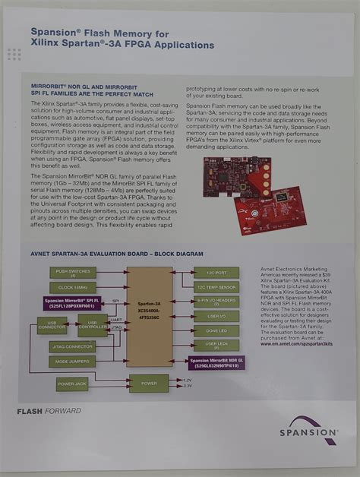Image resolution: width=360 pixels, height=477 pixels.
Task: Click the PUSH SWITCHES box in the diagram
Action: pyautogui.click(x=73, y=271)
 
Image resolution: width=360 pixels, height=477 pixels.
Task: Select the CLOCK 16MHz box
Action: pyautogui.click(x=73, y=287)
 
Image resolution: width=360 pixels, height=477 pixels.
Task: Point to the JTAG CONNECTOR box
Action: pyautogui.click(x=73, y=347)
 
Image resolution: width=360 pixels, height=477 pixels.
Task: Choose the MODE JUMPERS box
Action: pyautogui.click(x=73, y=362)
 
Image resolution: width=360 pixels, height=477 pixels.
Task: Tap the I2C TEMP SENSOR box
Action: pyautogui.click(x=216, y=286)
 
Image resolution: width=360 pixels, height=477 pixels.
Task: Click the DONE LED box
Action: pyautogui.click(x=216, y=330)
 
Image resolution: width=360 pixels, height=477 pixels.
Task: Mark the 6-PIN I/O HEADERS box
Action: pyautogui.click(x=216, y=302)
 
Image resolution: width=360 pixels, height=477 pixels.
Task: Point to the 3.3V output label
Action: pyautogui.click(x=189, y=386)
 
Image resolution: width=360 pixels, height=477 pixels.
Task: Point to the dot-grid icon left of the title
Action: pyautogui.click(x=14, y=54)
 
